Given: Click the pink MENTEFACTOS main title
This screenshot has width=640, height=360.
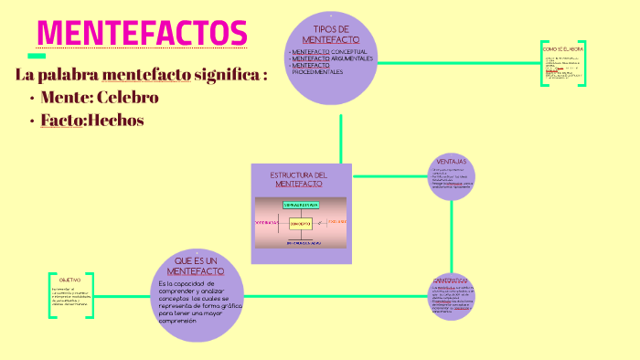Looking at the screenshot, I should click(142, 33).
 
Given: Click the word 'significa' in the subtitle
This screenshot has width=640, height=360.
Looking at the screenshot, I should click(228, 74).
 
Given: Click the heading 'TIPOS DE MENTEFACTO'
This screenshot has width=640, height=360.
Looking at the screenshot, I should click(330, 35).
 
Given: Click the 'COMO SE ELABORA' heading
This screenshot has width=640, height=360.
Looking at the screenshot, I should click(562, 48).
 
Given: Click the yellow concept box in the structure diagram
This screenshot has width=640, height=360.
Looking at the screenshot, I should click(301, 223).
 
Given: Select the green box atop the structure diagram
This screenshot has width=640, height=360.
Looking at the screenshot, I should click(301, 205).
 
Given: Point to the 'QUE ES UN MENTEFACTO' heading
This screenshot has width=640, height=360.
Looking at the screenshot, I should click(197, 266).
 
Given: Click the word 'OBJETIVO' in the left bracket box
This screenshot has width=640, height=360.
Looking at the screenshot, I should click(70, 280).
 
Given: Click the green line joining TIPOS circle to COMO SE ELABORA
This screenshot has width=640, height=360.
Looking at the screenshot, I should click(457, 63).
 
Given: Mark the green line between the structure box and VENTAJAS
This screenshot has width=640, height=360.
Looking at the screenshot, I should click(390, 176).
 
